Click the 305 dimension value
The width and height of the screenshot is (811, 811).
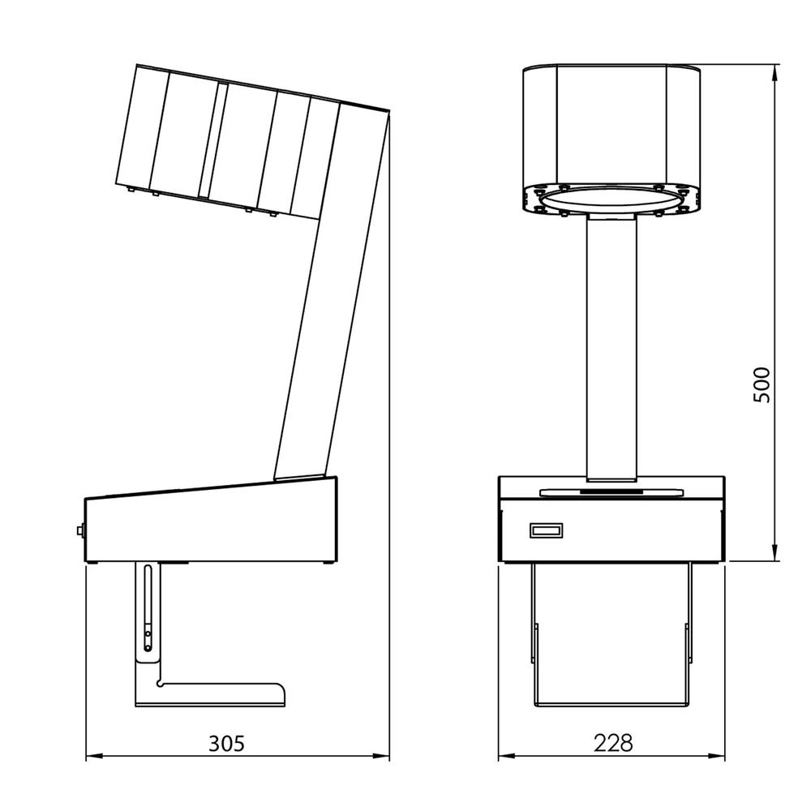click(x=226, y=743)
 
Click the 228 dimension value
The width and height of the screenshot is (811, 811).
click(x=612, y=743)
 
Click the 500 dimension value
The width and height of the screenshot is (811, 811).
click(x=762, y=384)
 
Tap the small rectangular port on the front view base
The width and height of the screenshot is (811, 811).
click(x=546, y=530)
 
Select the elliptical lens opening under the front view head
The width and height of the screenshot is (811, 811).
click(x=611, y=200)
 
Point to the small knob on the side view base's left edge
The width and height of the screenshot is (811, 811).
click(x=80, y=530)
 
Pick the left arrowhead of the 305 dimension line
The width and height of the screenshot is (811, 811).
click(x=92, y=756)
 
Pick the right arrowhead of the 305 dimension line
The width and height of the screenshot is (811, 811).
click(x=382, y=756)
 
